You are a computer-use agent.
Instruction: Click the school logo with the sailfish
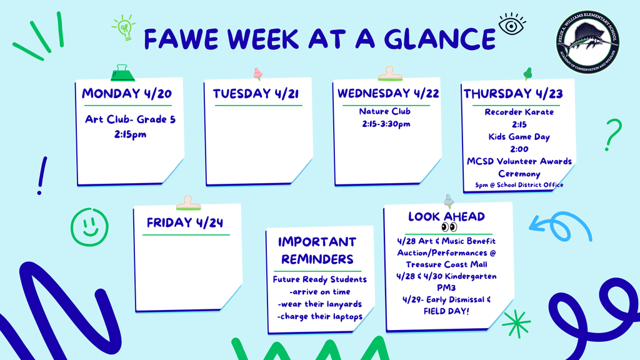pyautogui.click(x=589, y=45)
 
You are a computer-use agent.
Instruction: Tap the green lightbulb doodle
pyautogui.click(x=124, y=28)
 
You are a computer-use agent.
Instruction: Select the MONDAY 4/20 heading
pyautogui.click(x=127, y=94)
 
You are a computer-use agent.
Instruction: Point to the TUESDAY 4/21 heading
pyautogui.click(x=256, y=94)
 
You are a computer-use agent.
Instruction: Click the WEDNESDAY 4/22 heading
pyautogui.click(x=388, y=94)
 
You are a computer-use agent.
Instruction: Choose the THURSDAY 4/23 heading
pyautogui.click(x=513, y=94)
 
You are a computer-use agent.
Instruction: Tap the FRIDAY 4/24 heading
pyautogui.click(x=185, y=222)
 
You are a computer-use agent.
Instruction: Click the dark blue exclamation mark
pyautogui.click(x=42, y=175)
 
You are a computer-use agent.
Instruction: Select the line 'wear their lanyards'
pyautogui.click(x=319, y=304)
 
